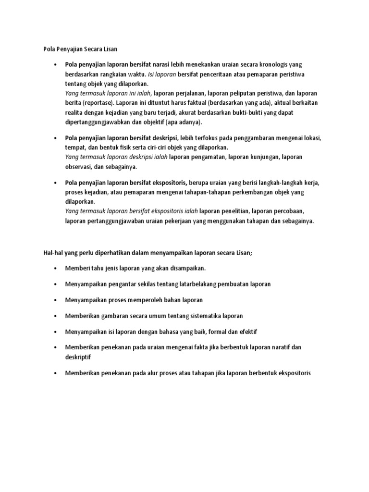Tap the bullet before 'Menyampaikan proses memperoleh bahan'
click(57, 300)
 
